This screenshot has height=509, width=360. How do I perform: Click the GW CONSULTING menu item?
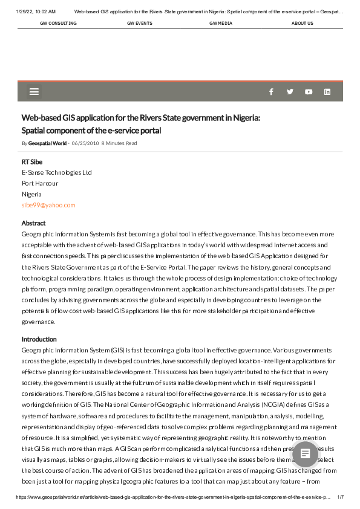tap(58, 23)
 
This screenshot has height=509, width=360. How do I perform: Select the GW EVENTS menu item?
tap(140, 23)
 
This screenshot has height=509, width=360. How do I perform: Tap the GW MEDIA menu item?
tap(221, 23)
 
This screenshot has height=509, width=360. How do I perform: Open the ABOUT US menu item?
tap(302, 23)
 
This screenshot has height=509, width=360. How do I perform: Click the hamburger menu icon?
tap(34, 92)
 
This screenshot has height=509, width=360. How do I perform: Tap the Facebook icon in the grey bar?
tap(271, 92)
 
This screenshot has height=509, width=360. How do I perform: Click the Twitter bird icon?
tap(290, 92)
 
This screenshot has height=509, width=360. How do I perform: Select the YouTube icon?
tap(309, 92)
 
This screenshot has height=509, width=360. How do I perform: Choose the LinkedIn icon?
tap(327, 92)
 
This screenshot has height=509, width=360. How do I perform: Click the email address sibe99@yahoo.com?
tap(48, 206)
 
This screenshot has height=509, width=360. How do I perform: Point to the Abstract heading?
tap(34, 223)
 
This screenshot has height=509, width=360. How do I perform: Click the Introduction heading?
tap(39, 339)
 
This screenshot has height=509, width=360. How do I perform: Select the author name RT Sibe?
tap(32, 162)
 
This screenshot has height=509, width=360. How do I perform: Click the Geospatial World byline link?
tap(47, 143)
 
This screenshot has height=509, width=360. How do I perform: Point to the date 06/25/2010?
tap(85, 143)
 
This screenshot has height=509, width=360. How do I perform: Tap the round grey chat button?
tap(306, 453)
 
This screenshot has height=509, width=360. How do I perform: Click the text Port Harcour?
tap(40, 183)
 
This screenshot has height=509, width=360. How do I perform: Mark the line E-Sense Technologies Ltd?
tap(57, 172)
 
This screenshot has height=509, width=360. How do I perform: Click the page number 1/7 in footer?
tap(340, 496)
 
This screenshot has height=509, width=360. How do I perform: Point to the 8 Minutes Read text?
tap(119, 143)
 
